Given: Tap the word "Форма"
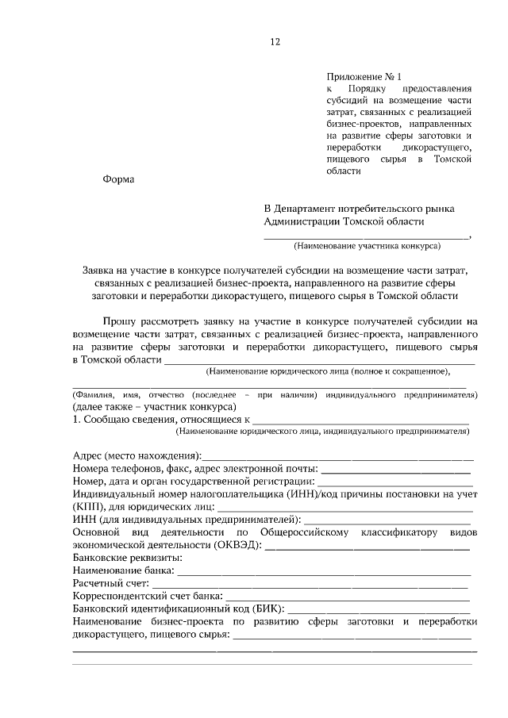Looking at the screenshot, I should click(119, 179).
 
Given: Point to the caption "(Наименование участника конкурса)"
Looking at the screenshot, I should click(367, 247).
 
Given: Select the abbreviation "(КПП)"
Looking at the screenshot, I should click(86, 507).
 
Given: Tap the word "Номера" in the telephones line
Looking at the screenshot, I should click(90, 469).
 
